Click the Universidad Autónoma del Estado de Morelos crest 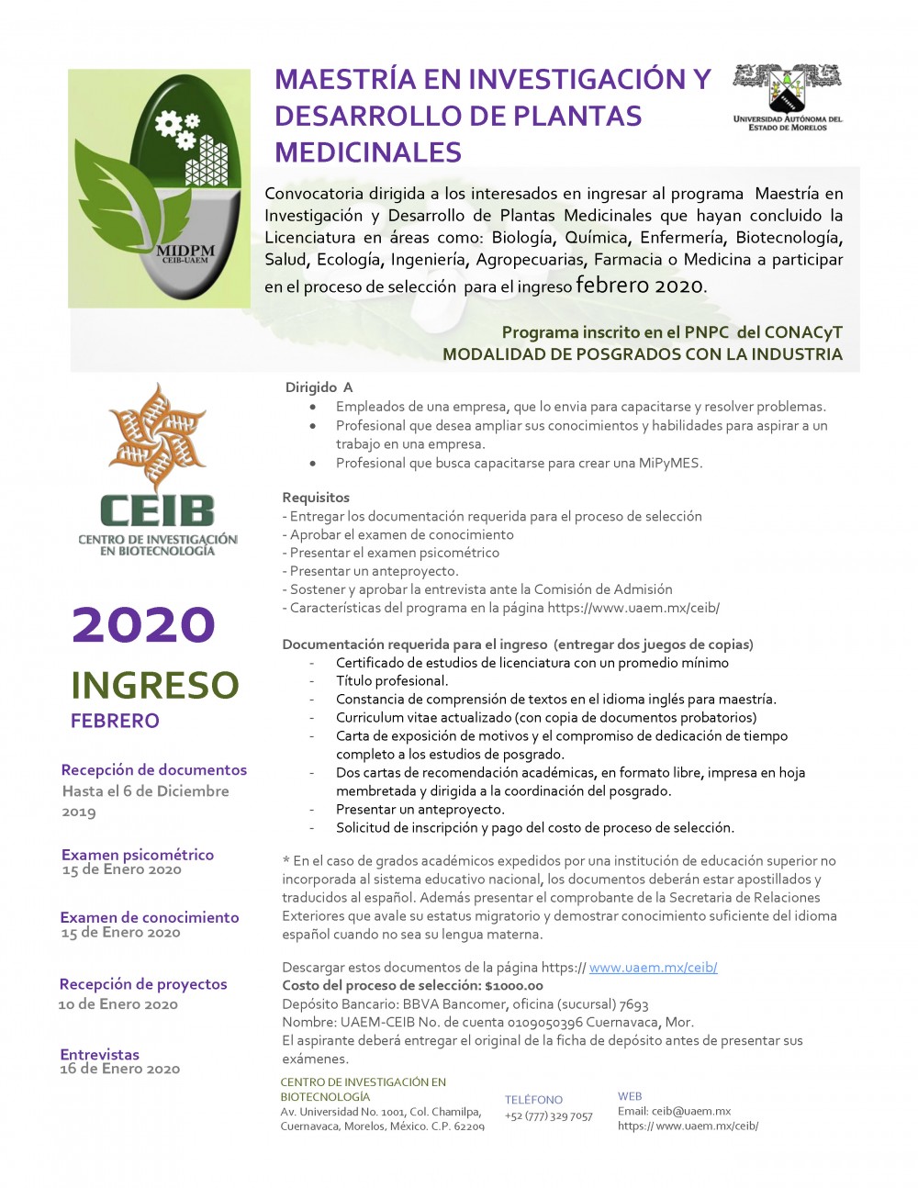click(x=787, y=88)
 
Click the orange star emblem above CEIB click(x=157, y=437)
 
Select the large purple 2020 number click(x=143, y=624)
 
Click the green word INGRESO click(x=154, y=685)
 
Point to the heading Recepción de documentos click(x=154, y=769)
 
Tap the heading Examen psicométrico click(x=138, y=854)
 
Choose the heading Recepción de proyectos click(x=143, y=983)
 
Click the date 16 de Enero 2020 click(x=120, y=1069)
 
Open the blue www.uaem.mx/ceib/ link click(x=653, y=967)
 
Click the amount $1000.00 click(x=514, y=985)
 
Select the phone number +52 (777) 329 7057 click(x=549, y=1115)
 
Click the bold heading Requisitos click(x=316, y=497)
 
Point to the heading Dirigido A click(x=319, y=387)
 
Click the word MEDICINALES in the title click(x=368, y=152)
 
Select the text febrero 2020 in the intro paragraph click(x=639, y=285)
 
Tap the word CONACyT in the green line click(x=804, y=332)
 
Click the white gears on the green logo click(x=176, y=129)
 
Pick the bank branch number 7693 click(x=633, y=1003)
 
